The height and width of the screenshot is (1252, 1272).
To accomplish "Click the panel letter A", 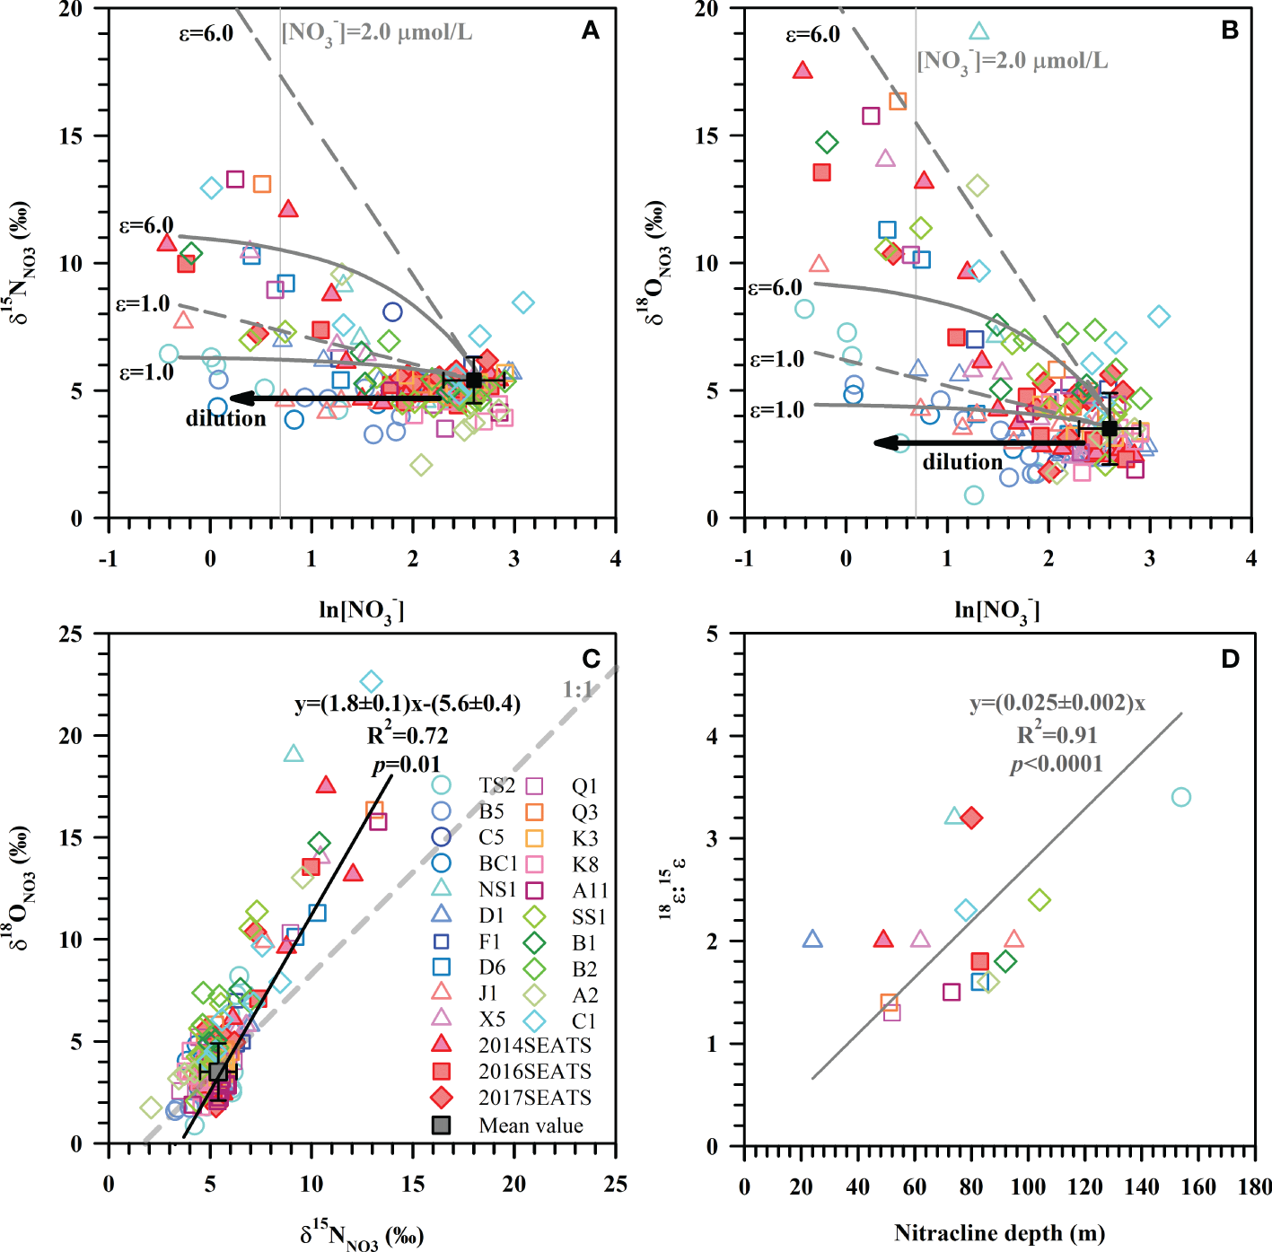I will click(x=590, y=31).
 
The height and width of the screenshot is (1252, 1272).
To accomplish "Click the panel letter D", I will click(x=1230, y=659).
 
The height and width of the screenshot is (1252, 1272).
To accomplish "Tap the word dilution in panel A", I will click(x=225, y=418).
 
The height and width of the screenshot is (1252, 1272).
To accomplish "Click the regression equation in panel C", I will click(x=408, y=704).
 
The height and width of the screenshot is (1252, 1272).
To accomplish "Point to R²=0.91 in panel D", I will click(x=1057, y=735).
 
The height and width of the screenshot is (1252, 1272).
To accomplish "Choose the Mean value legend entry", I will click(x=512, y=1125).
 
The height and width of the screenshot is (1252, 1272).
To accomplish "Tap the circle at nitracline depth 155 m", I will click(x=1181, y=797).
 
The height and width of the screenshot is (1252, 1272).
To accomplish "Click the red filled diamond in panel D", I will click(x=971, y=818).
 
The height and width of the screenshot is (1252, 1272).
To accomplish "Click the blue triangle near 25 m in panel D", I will click(x=812, y=940).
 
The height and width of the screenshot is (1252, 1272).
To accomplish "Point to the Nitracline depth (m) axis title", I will click(x=999, y=1233).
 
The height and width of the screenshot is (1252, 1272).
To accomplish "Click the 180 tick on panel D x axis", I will click(x=1254, y=1187).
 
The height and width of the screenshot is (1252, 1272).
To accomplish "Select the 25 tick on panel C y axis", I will click(x=83, y=635).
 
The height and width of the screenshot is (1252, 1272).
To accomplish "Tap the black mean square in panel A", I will click(x=474, y=381).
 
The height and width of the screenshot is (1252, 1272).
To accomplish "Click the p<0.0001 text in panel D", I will click(x=1057, y=764).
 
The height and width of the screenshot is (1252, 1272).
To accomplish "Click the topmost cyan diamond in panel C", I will click(x=372, y=682).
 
